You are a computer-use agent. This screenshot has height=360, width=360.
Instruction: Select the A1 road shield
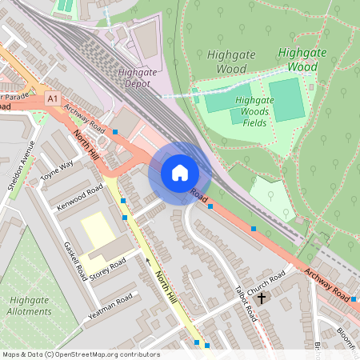click(x=53, y=98)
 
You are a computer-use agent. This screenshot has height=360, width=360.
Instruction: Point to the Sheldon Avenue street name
click(x=22, y=169)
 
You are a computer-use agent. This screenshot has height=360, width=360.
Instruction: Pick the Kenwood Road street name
click(x=80, y=197)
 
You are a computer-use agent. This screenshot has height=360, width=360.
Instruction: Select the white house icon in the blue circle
click(x=180, y=172)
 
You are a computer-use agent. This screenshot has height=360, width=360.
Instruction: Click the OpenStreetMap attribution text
click(x=81, y=354)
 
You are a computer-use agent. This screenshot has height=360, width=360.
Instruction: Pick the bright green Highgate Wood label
click(x=303, y=60)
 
